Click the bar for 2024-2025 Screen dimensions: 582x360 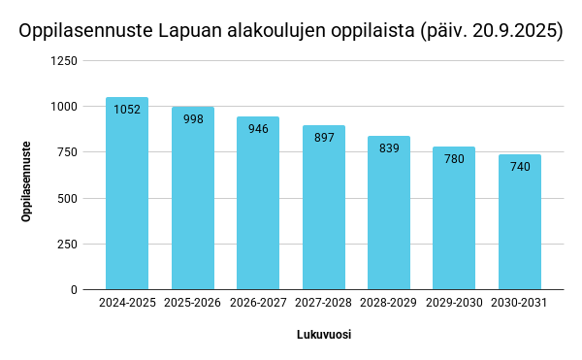127,193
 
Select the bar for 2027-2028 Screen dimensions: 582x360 324,208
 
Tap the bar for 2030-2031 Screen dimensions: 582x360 520,222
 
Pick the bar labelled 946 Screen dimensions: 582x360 258,203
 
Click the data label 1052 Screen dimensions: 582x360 127,110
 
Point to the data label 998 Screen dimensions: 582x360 193,119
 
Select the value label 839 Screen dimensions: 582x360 389,148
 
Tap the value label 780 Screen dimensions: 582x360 454,159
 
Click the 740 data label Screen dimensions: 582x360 520,167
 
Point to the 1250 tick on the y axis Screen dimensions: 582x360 64,60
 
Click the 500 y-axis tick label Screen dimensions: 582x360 67,199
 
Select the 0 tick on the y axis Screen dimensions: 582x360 74,290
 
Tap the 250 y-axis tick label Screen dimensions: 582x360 67,245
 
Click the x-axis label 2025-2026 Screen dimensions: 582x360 192,303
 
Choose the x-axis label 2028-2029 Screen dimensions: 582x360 388,303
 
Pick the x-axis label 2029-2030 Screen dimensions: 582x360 454,303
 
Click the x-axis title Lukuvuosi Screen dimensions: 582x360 324,335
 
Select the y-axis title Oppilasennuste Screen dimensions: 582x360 26,181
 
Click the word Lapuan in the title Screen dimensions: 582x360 190,31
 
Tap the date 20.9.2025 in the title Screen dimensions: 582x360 515,31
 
